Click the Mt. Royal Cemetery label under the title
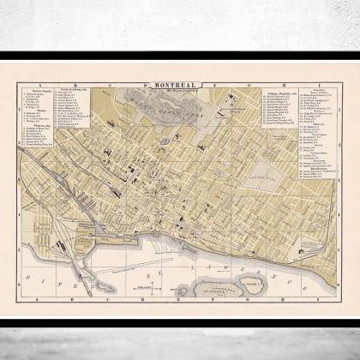click(x=177, y=93)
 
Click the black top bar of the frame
click(x=180, y=57)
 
